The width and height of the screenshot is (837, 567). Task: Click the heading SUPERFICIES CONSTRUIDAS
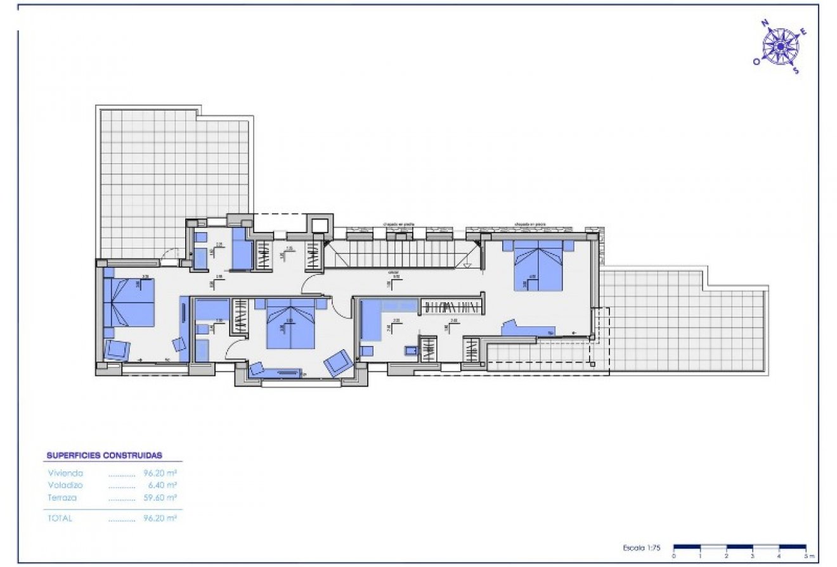(x=105, y=455)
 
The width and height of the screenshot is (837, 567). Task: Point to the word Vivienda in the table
(x=65, y=473)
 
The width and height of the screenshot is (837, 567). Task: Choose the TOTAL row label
(x=60, y=518)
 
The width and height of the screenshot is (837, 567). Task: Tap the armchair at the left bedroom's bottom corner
(x=117, y=350)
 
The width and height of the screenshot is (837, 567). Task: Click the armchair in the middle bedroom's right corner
(x=337, y=362)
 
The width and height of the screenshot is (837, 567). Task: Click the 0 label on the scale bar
(x=673, y=556)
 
